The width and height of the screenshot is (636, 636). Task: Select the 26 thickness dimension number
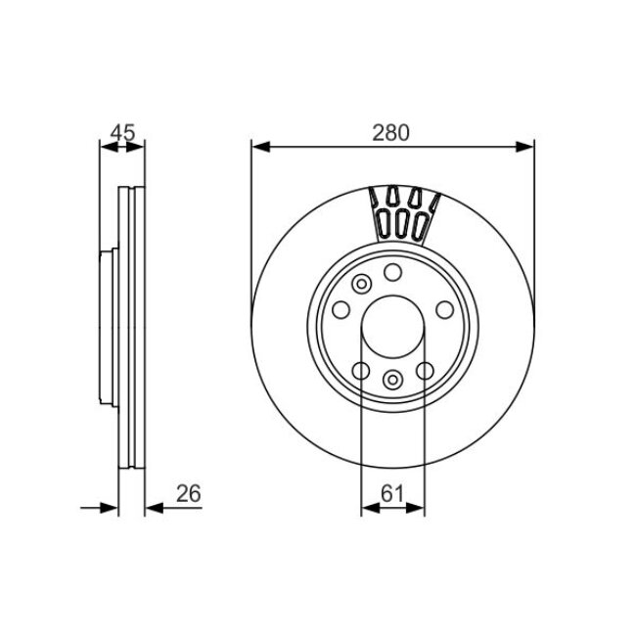click(x=188, y=494)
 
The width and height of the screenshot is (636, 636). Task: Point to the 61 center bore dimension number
click(x=392, y=494)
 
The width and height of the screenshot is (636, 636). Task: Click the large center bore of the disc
click(x=392, y=329)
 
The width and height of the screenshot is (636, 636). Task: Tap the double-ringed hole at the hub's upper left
click(x=360, y=284)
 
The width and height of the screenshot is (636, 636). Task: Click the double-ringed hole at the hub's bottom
click(x=392, y=381)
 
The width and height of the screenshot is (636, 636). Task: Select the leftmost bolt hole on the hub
click(x=341, y=310)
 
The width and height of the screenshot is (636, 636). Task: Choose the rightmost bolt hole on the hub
click(x=444, y=310)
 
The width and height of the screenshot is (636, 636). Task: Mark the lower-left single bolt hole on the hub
click(x=360, y=370)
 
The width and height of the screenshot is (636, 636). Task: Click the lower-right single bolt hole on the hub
click(x=425, y=370)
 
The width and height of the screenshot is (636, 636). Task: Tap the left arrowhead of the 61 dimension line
click(x=368, y=507)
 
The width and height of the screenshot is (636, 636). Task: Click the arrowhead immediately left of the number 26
click(x=152, y=507)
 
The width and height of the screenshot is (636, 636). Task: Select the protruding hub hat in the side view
click(x=108, y=329)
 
